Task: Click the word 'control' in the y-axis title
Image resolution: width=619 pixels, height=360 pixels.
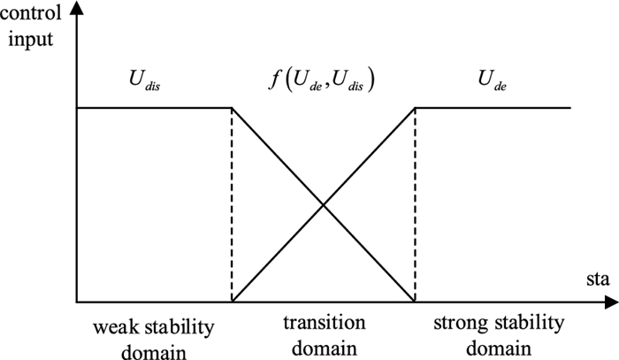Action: coord(32,15)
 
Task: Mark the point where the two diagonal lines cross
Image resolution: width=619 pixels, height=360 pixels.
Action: coord(323,205)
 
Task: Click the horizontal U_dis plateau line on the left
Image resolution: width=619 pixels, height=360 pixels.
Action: coord(155,108)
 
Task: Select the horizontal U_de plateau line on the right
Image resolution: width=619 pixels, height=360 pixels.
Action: coord(492,108)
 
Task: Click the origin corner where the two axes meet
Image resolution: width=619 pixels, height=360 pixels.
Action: coord(79,303)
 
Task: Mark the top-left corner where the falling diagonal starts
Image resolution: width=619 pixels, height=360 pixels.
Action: coord(232,108)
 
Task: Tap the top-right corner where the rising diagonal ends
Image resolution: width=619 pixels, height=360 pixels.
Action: coord(415,108)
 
